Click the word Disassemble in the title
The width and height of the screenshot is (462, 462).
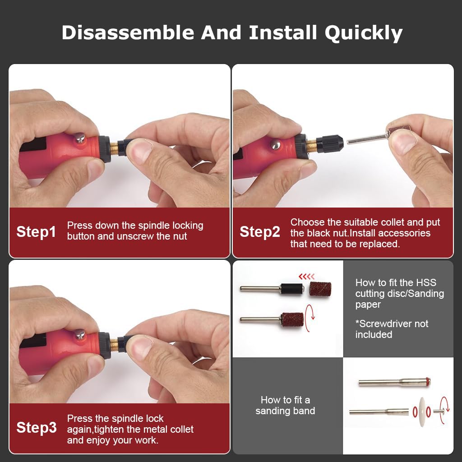click(x=128, y=33)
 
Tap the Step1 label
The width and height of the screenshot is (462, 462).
click(x=37, y=232)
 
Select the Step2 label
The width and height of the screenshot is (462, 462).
click(x=260, y=232)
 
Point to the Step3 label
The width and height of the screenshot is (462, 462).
click(x=37, y=427)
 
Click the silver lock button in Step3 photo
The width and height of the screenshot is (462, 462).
click(x=80, y=334)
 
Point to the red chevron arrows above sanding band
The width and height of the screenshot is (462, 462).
click(x=307, y=276)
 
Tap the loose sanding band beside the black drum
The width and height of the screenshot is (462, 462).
click(x=320, y=289)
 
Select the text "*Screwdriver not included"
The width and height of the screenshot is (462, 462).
click(x=392, y=329)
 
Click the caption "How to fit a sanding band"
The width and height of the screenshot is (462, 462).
click(x=285, y=405)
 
